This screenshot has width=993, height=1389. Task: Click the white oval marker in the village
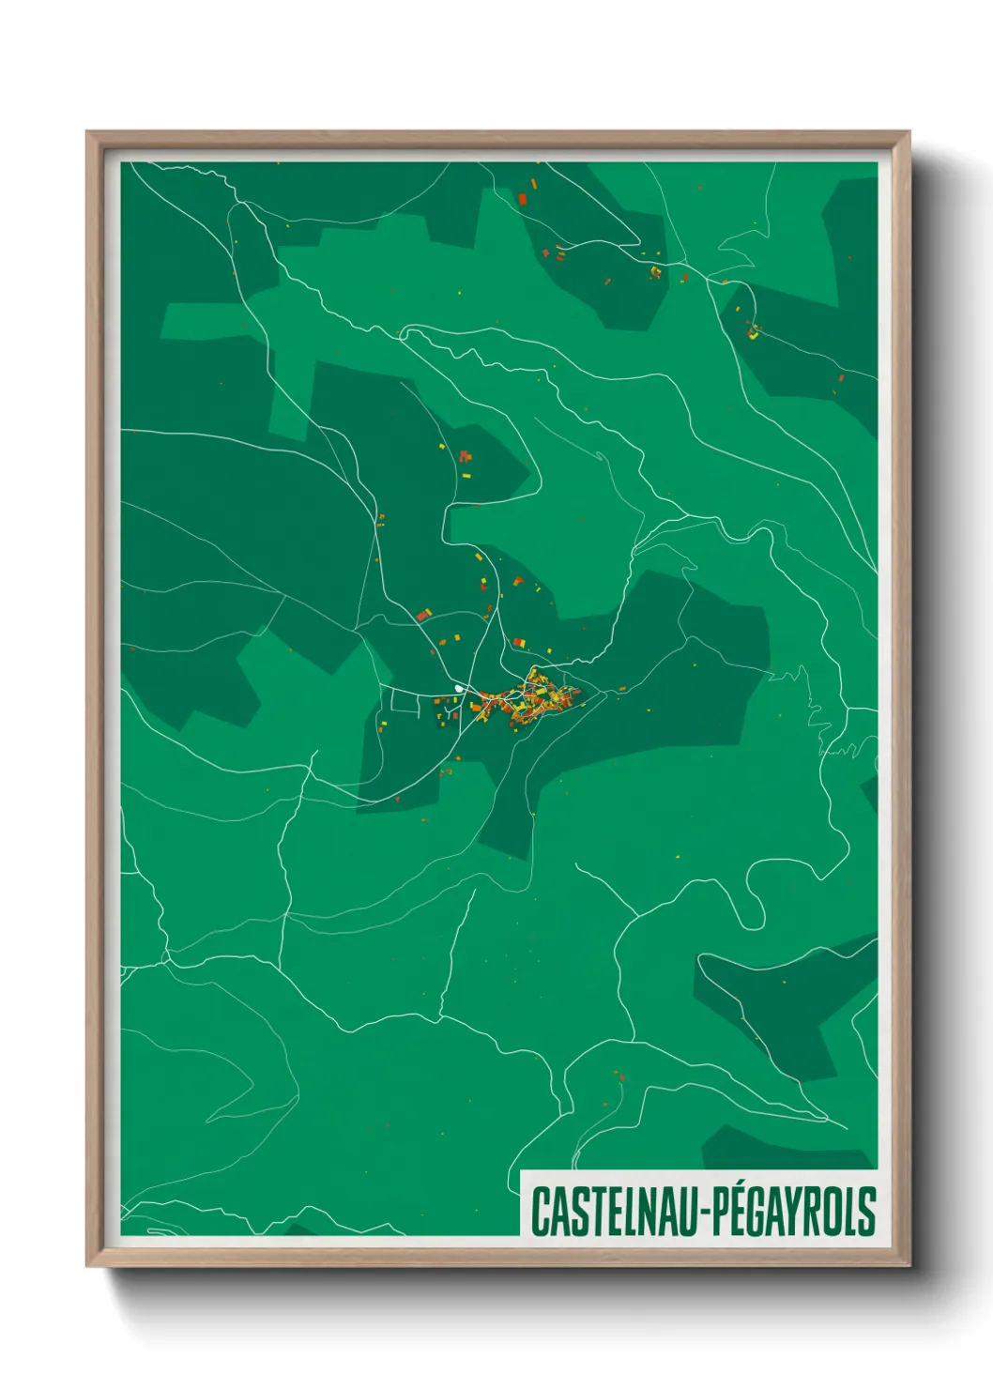(459, 689)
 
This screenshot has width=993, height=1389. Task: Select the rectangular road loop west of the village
(405, 702)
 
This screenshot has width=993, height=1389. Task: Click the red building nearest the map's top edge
(523, 199)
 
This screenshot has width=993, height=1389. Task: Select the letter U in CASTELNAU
(686, 1212)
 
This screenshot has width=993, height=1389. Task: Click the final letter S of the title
(867, 1211)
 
